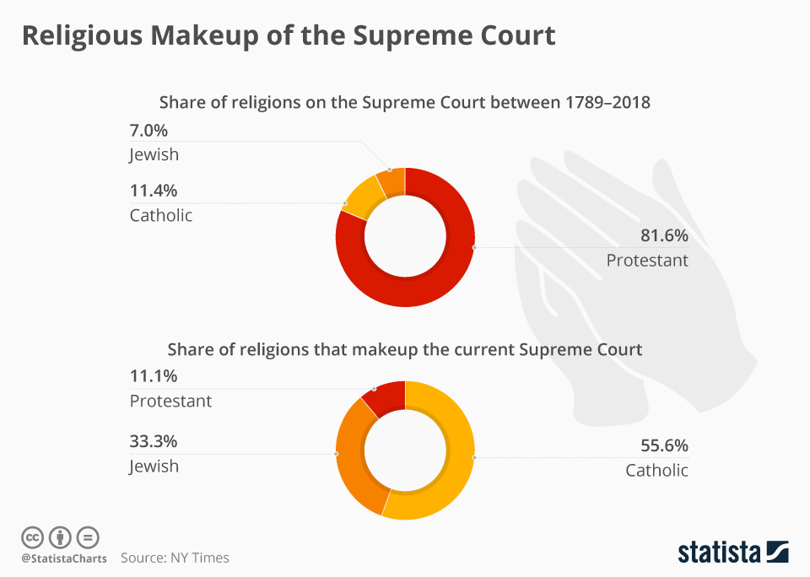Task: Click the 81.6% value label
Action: (x=664, y=235)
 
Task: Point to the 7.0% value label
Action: (x=148, y=130)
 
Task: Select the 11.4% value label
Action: (x=154, y=191)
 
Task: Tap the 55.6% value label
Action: (x=664, y=445)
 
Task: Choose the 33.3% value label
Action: (x=154, y=441)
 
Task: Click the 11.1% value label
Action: (x=154, y=375)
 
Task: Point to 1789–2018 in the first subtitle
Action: (x=607, y=102)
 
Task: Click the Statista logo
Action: (x=733, y=552)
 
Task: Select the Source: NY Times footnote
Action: (x=175, y=558)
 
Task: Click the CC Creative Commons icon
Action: (x=33, y=537)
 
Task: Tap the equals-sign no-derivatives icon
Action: (x=88, y=537)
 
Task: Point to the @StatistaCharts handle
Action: (x=64, y=558)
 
